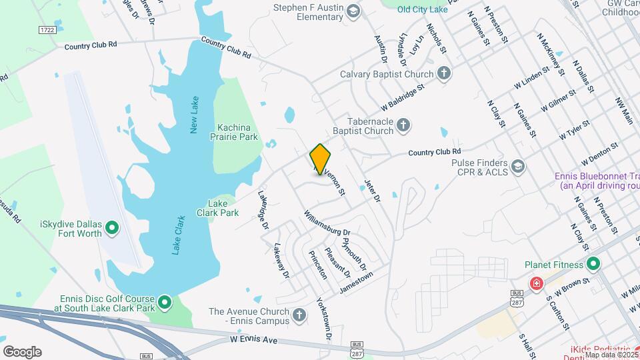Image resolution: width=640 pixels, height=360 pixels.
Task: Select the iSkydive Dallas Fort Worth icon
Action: [113, 229]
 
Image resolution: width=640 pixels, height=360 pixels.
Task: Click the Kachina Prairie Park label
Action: [237, 132]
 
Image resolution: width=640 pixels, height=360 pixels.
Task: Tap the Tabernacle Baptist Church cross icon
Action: [403, 124]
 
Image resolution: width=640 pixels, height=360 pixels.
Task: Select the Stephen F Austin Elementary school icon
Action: [353, 10]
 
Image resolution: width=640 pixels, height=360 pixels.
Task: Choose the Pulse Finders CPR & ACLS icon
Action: [518, 165]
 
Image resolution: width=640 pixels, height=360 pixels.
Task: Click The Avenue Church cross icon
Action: [299, 313]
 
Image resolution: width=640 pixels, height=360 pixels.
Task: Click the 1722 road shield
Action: [47, 30]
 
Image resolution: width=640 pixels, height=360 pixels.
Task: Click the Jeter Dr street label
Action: [371, 191]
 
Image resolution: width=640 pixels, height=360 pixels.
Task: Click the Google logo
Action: [22, 352]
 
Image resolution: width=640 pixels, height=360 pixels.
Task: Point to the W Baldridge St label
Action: [402, 97]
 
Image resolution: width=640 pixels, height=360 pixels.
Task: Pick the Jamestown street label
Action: [356, 283]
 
